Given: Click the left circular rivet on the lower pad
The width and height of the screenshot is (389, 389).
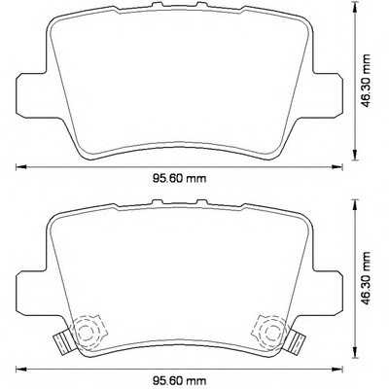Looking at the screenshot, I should coord(90,330).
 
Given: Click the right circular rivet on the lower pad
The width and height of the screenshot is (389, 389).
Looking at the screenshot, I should coord(267,330).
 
